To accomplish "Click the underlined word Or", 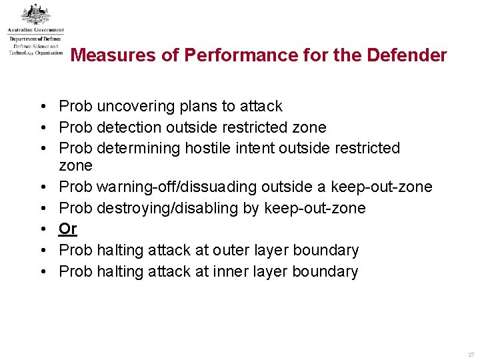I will [68, 229].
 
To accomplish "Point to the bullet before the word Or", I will [42, 229].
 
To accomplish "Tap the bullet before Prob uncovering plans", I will [42, 107].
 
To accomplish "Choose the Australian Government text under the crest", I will [36, 30].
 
